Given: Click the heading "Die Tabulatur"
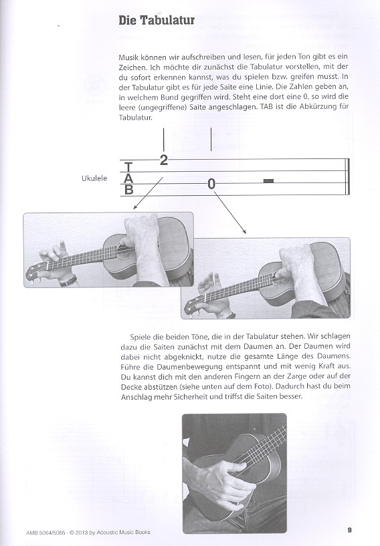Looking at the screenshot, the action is pos(157,21).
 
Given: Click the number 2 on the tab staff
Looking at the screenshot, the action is pos(163,160).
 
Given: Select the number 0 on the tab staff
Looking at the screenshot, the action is pos(211,184).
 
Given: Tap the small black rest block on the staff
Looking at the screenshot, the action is pos(268,180).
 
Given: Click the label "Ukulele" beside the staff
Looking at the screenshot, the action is pos(94,178).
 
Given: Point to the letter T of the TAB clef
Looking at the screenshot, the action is pos(128,167).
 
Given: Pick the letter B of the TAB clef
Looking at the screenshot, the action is pos(128,190).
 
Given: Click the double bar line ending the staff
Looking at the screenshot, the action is pos(347,176).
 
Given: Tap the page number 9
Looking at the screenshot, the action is pos(350,530).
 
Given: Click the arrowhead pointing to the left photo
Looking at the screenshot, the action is pos(135,208).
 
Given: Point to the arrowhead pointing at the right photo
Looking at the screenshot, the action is pos(245,231).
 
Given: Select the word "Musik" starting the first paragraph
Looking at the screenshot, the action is pos(128,57).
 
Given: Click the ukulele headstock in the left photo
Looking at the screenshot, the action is pos(35,271).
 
